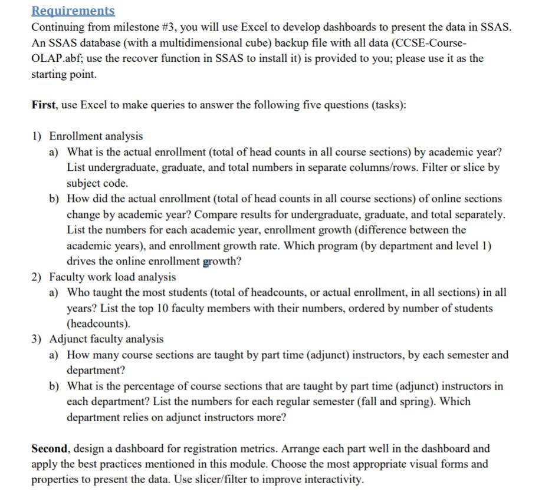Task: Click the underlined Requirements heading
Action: pos(73,11)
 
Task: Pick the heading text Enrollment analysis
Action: pos(96,136)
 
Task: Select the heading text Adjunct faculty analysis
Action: pos(107,339)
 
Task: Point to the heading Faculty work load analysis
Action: pos(113,276)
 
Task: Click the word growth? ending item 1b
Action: pos(222,261)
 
